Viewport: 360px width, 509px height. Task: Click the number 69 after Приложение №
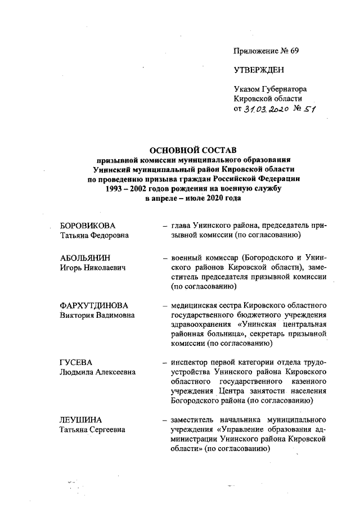point(293,51)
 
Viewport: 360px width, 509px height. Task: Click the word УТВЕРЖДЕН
point(259,70)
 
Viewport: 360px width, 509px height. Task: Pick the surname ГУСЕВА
point(75,363)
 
